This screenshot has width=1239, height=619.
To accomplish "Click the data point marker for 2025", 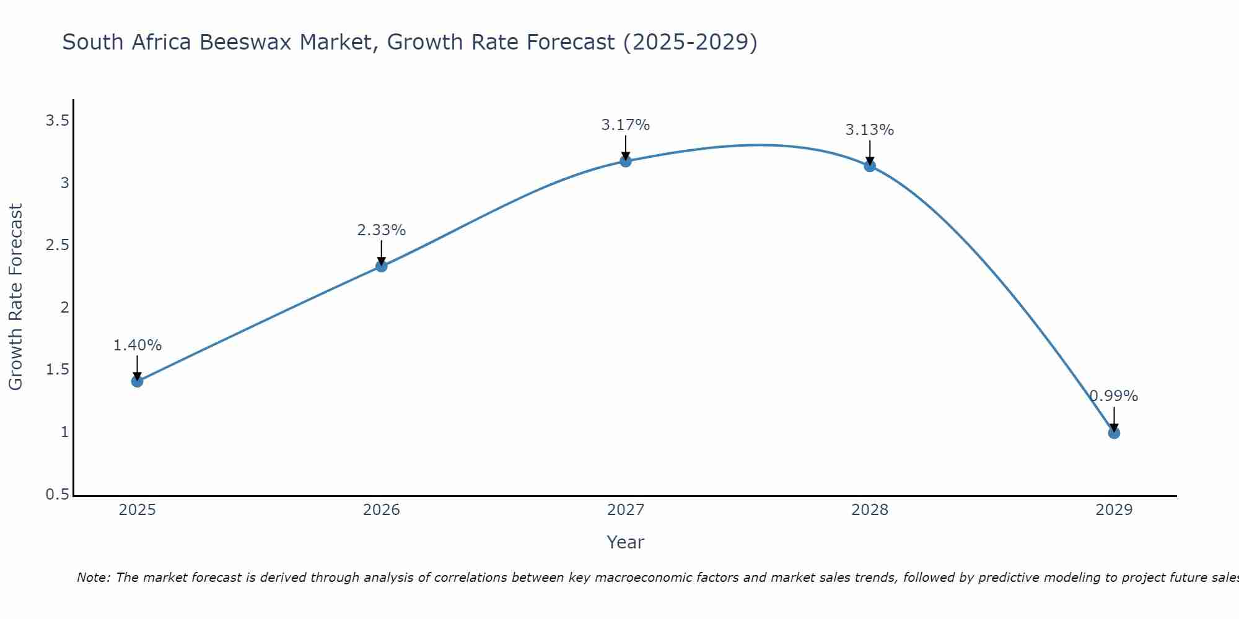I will pos(138,381).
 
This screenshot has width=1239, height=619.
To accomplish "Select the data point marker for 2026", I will pos(382,266).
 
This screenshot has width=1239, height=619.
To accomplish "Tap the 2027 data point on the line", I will pos(626,162).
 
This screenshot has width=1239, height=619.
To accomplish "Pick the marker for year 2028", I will pos(870,166).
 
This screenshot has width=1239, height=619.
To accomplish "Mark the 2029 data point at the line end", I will pos(1114,433).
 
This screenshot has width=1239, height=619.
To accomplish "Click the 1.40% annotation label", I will pos(138,345).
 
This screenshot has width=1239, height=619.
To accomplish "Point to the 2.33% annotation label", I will pos(382,230).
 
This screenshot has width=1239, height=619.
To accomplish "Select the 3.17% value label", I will pos(626,125).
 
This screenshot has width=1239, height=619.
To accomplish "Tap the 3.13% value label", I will pos(870,130).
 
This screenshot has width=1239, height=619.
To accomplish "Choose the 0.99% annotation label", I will pos(1114,396).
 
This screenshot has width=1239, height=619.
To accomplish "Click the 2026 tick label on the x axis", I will pos(382,510).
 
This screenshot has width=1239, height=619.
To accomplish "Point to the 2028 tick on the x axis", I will pos(870,510).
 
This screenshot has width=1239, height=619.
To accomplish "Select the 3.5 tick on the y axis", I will pos(57,121).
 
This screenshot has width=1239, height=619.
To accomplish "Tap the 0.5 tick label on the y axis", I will pos(57,495).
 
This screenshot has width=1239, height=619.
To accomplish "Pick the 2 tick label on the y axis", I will pos(64,308).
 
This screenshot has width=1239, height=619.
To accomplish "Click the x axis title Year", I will pos(626,542).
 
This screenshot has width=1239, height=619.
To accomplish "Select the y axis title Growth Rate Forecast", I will pos(16,297).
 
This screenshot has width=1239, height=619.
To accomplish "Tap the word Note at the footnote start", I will pos(93,578).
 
